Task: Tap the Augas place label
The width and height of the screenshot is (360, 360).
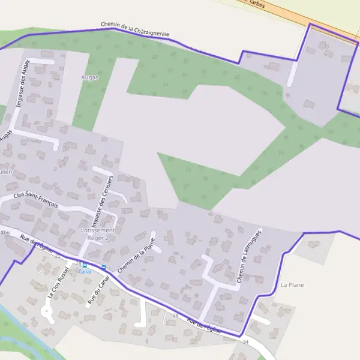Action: pyautogui.click(x=89, y=77)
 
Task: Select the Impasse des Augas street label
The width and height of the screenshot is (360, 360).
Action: pyautogui.click(x=22, y=86)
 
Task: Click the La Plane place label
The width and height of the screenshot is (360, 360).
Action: pyautogui.click(x=293, y=284)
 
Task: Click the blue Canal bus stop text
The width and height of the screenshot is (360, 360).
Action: pyautogui.click(x=85, y=271)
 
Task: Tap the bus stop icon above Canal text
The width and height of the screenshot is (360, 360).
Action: pyautogui.click(x=85, y=265)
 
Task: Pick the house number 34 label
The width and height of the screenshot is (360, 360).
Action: pyautogui.click(x=245, y=342)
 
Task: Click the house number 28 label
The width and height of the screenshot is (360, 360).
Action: pyautogui.click(x=176, y=314)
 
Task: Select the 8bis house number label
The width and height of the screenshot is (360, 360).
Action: pyautogui.click(x=5, y=232)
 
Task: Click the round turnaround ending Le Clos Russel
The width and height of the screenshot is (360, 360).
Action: pyautogui.click(x=46, y=311)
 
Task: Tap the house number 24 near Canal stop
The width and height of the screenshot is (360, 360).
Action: pyautogui.click(x=78, y=263)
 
